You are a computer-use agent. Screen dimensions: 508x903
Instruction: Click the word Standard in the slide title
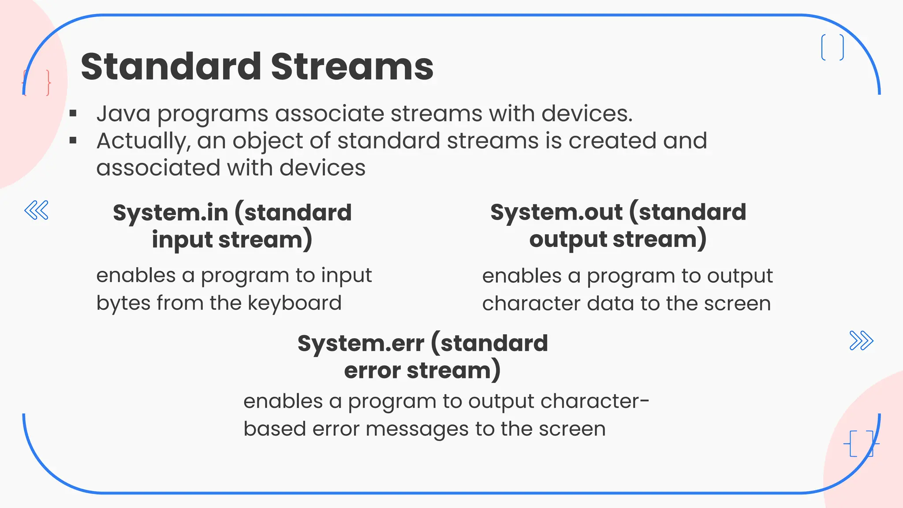coord(171,67)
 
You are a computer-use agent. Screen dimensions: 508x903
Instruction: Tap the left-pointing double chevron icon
coord(37,210)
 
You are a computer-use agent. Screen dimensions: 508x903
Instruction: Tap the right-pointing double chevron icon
coord(861,340)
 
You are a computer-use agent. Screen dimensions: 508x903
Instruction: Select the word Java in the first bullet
coord(123,114)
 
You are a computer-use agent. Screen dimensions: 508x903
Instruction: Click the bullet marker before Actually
coord(73,141)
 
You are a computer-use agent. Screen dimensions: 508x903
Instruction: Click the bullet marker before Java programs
coord(73,114)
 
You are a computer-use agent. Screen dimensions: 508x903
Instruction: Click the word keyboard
coord(295,303)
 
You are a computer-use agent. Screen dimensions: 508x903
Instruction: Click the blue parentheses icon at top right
coord(832,47)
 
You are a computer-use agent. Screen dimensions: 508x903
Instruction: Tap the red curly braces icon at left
coord(37,82)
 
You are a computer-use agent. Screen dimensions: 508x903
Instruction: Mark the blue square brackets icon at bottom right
coord(861,443)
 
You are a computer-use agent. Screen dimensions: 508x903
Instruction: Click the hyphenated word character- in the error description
coord(595,401)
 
